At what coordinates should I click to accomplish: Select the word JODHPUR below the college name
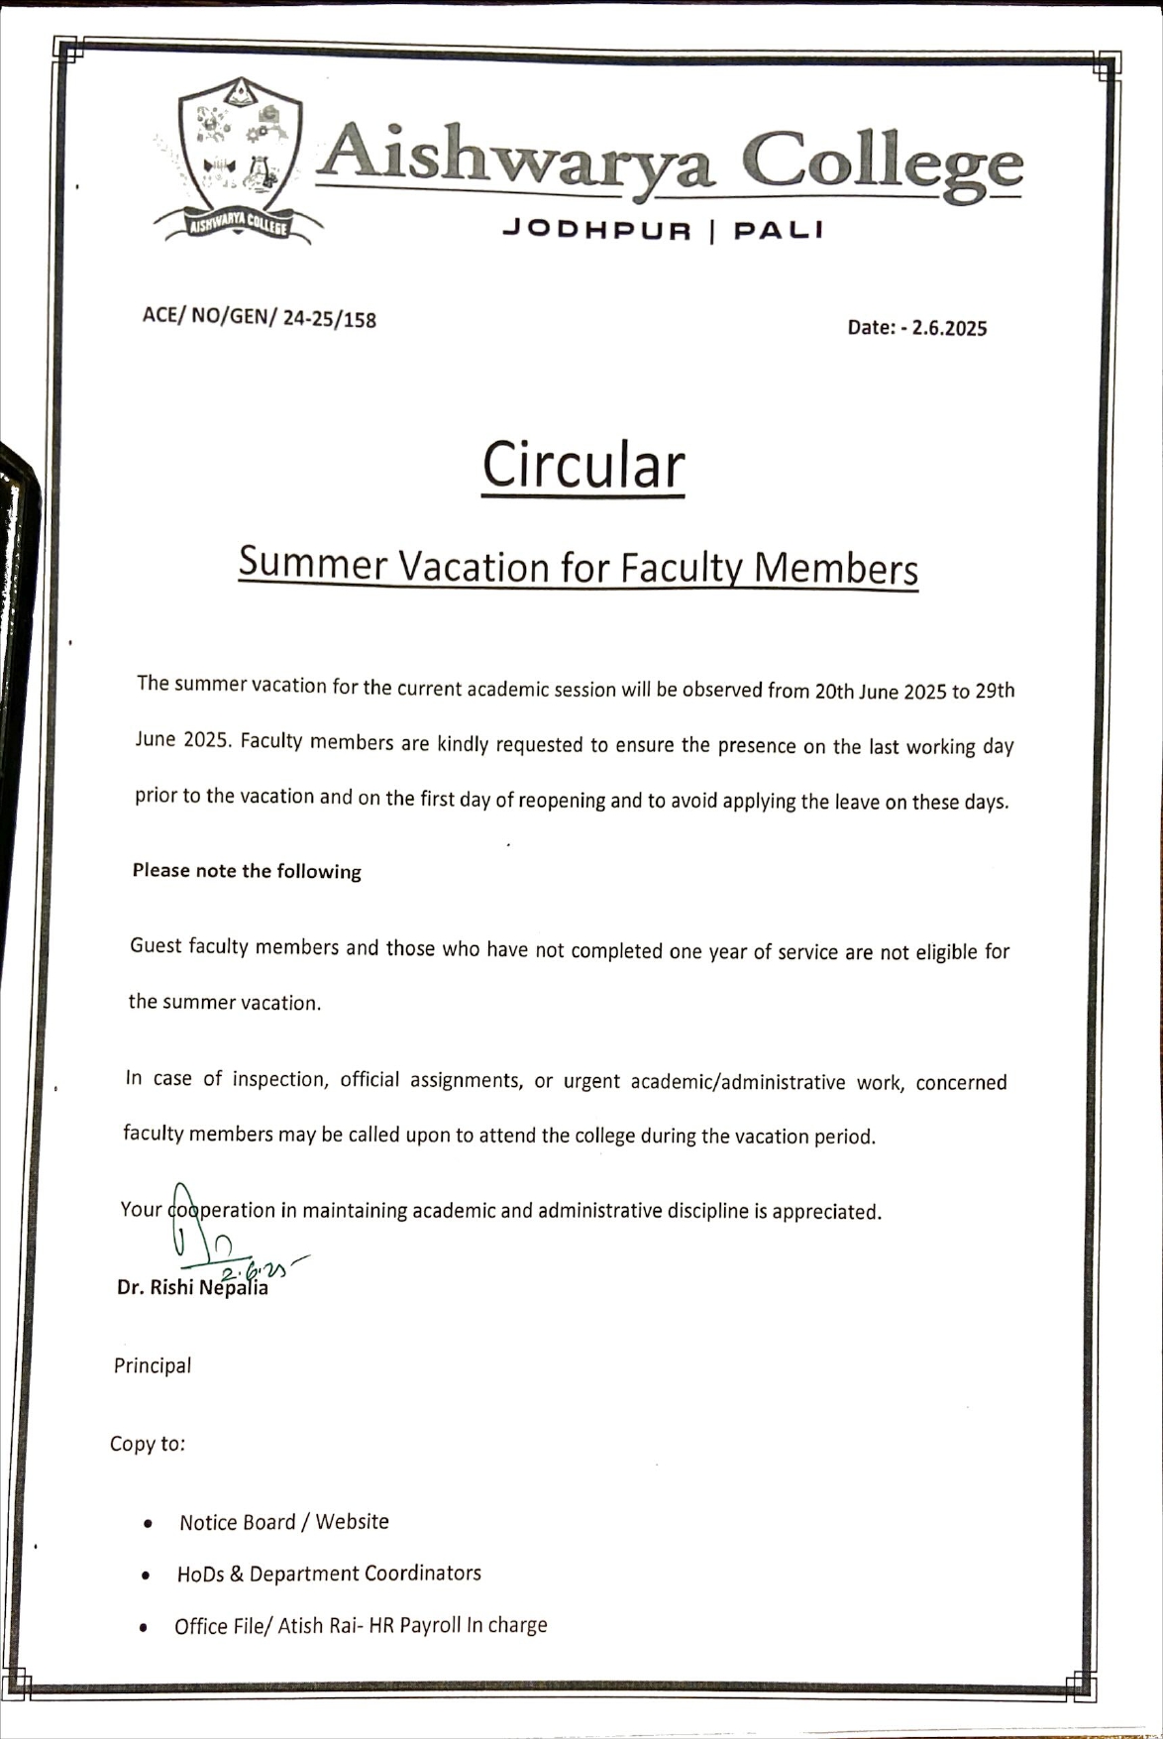coord(596,231)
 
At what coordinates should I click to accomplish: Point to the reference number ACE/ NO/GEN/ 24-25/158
coord(260,317)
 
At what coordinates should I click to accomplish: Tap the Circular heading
coord(583,465)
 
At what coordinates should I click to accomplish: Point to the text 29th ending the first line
coord(995,691)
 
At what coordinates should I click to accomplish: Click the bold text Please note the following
coord(247,871)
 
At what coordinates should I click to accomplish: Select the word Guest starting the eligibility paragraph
coord(156,945)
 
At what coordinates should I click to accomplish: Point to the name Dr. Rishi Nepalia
coord(192,1288)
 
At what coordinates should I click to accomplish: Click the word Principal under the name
coord(153,1365)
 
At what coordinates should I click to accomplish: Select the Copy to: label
coord(148,1444)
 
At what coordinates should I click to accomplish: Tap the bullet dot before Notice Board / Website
coord(148,1524)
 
